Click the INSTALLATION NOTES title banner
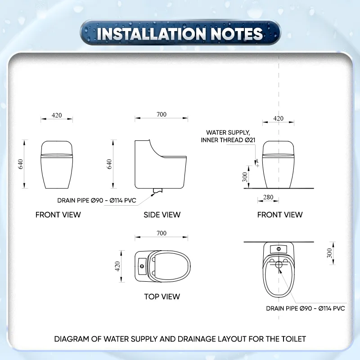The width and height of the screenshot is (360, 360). [x=180, y=32]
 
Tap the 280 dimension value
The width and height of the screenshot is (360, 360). [x=268, y=197]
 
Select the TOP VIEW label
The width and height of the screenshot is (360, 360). [x=162, y=297]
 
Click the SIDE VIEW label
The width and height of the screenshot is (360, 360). [x=162, y=215]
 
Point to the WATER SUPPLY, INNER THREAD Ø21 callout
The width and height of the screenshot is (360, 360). [x=228, y=136]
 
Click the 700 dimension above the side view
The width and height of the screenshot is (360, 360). [x=162, y=114]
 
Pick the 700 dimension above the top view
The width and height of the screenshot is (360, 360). [x=162, y=233]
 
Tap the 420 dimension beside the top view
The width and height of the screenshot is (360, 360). [x=117, y=266]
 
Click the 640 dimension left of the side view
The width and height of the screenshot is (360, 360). [x=109, y=164]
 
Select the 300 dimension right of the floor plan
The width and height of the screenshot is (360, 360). [x=329, y=253]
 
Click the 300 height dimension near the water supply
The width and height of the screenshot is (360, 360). [x=245, y=177]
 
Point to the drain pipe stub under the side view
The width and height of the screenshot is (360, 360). [x=157, y=190]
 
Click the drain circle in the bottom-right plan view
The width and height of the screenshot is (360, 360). [x=279, y=265]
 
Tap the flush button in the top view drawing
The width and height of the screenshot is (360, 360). [x=142, y=266]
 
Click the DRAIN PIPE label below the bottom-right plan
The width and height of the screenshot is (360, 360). [x=306, y=308]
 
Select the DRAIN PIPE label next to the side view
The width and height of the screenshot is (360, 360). [x=97, y=200]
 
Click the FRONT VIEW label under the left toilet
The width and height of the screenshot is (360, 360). [x=58, y=215]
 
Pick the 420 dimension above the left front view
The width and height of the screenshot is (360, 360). [x=57, y=115]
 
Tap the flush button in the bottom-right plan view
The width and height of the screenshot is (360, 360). [x=279, y=249]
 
